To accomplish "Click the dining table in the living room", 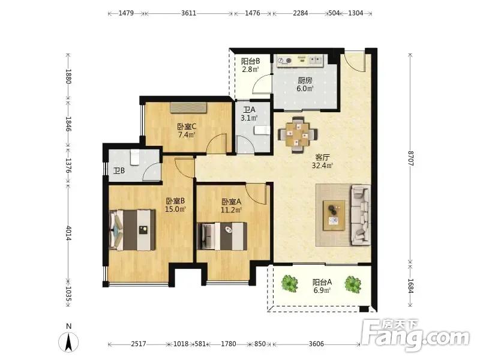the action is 298,134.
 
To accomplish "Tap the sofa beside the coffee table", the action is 361,215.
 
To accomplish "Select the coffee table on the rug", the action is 334,215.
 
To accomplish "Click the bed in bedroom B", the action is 133,230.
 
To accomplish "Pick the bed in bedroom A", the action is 222,236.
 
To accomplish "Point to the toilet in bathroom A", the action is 262,130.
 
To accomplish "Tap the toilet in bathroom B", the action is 134,157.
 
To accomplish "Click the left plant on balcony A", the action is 290,283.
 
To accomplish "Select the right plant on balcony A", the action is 353,284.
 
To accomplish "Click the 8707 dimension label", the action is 410,158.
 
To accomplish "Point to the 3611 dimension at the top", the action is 188,13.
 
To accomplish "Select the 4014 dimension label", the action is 68,233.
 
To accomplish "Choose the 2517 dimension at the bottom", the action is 139,344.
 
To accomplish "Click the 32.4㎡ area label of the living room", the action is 322,166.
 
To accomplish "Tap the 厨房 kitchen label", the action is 305,80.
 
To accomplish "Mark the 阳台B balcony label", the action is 250,61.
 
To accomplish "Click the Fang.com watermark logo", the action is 415,336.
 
